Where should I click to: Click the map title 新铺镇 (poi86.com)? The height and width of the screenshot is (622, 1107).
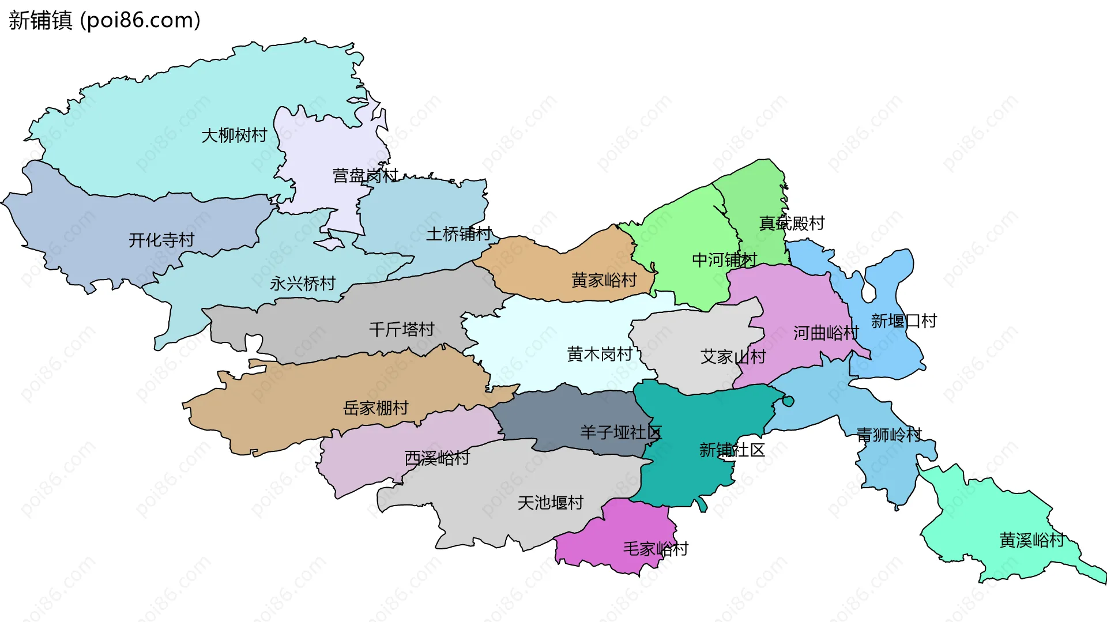click(104, 20)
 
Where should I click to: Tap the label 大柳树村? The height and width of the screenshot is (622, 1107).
click(234, 135)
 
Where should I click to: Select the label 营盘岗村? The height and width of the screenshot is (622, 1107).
click(365, 175)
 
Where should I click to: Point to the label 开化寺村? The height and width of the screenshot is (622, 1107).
click(161, 240)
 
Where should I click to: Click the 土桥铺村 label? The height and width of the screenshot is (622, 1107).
click(458, 234)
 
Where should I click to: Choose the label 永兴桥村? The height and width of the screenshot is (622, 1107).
click(303, 284)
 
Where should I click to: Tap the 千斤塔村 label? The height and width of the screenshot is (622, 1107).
click(401, 330)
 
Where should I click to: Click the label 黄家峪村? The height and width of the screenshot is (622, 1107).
click(604, 280)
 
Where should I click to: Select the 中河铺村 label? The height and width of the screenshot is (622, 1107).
click(724, 260)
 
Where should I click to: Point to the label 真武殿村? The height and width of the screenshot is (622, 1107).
click(792, 223)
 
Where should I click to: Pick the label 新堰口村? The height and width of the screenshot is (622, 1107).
click(903, 321)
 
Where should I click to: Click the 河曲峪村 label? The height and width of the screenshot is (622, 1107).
click(826, 333)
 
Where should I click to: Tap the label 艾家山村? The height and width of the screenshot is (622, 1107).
click(733, 357)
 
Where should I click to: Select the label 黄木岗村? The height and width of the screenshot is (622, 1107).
click(600, 354)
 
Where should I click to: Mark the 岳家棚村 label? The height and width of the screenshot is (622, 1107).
click(375, 408)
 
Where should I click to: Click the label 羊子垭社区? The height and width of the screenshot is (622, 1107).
click(620, 432)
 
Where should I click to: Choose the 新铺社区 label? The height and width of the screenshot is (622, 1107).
click(732, 450)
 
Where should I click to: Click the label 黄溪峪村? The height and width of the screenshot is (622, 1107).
click(1031, 540)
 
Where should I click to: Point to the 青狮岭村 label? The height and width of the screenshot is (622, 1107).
click(888, 435)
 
